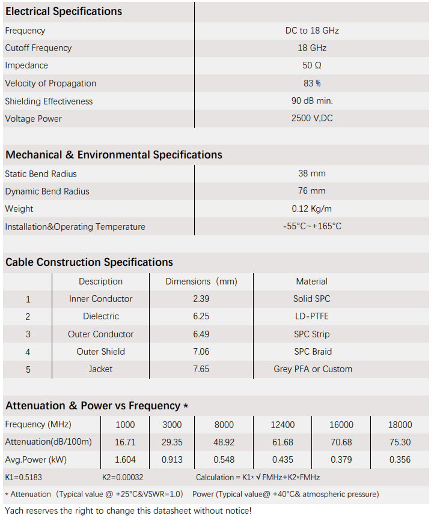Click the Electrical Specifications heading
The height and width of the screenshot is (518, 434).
coord(64,11)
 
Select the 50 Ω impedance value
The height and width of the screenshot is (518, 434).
coord(312,65)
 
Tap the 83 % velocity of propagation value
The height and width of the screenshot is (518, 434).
coord(312,83)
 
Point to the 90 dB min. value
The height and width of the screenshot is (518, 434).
coord(312,101)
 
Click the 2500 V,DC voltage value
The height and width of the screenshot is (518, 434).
coord(312,118)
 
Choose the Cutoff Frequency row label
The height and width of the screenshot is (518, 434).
coord(38,48)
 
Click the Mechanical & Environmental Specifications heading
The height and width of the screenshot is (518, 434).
coord(114,155)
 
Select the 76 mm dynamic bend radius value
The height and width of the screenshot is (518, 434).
coord(312,191)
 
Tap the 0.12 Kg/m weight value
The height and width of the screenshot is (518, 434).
coord(312,209)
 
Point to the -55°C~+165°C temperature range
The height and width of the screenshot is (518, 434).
coord(312,226)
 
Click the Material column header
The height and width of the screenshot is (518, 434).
coord(312,282)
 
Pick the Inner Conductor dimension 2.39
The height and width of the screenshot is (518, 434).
coord(201,299)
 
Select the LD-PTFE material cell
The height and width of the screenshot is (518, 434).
coord(312,316)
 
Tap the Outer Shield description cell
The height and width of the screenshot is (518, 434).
coord(101,352)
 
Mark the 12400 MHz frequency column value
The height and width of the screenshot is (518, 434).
coord(283,425)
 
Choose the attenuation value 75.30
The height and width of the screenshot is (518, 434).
coord(400,442)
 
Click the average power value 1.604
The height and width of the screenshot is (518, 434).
coord(125,460)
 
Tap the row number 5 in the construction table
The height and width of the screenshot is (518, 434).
coord(28,370)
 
